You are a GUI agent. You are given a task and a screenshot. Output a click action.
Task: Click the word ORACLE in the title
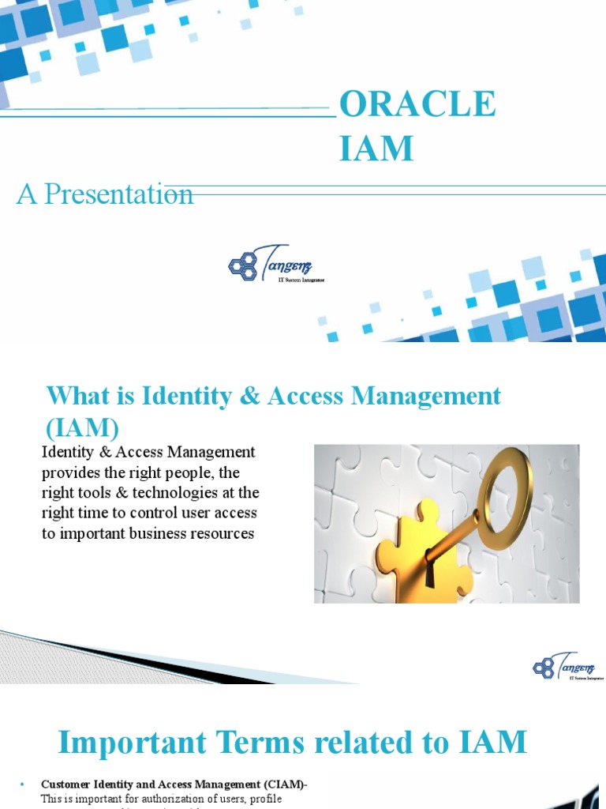tap(417, 105)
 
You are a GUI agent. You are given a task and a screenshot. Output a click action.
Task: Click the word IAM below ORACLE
tap(376, 148)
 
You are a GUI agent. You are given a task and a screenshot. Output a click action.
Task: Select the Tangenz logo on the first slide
tap(276, 265)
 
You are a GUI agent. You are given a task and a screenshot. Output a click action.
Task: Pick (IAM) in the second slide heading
tap(82, 427)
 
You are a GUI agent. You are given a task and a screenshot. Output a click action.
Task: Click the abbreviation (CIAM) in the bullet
tap(280, 785)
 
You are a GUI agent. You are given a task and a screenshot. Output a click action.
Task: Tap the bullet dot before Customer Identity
tap(22, 785)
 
